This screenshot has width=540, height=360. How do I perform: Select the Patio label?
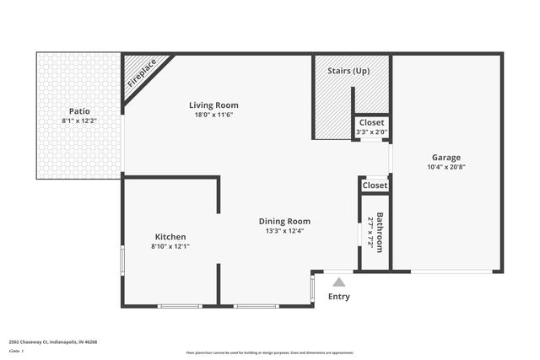(x=79, y=110)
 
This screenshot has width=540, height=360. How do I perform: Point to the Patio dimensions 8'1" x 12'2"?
(x=79, y=121)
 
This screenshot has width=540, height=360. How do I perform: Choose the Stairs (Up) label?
(x=348, y=70)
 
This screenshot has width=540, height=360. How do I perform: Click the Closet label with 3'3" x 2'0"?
(x=371, y=122)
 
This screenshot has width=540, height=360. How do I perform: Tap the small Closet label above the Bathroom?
(x=375, y=185)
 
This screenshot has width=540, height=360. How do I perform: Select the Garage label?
(x=447, y=157)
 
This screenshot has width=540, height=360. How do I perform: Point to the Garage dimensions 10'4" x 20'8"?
(x=447, y=167)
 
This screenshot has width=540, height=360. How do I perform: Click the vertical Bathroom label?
(x=380, y=232)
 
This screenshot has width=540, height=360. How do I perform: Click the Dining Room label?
(x=284, y=221)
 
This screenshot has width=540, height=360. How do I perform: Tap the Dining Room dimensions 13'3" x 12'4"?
(x=284, y=231)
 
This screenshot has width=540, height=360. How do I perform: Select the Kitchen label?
(x=170, y=237)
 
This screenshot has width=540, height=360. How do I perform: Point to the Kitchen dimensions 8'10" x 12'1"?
(x=170, y=247)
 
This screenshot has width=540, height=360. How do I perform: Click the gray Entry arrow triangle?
(x=338, y=283)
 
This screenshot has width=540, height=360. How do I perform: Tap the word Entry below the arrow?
(x=338, y=297)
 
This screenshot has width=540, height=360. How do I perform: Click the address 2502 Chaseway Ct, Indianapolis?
(x=53, y=342)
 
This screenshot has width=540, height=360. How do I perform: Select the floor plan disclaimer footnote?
(x=271, y=352)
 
